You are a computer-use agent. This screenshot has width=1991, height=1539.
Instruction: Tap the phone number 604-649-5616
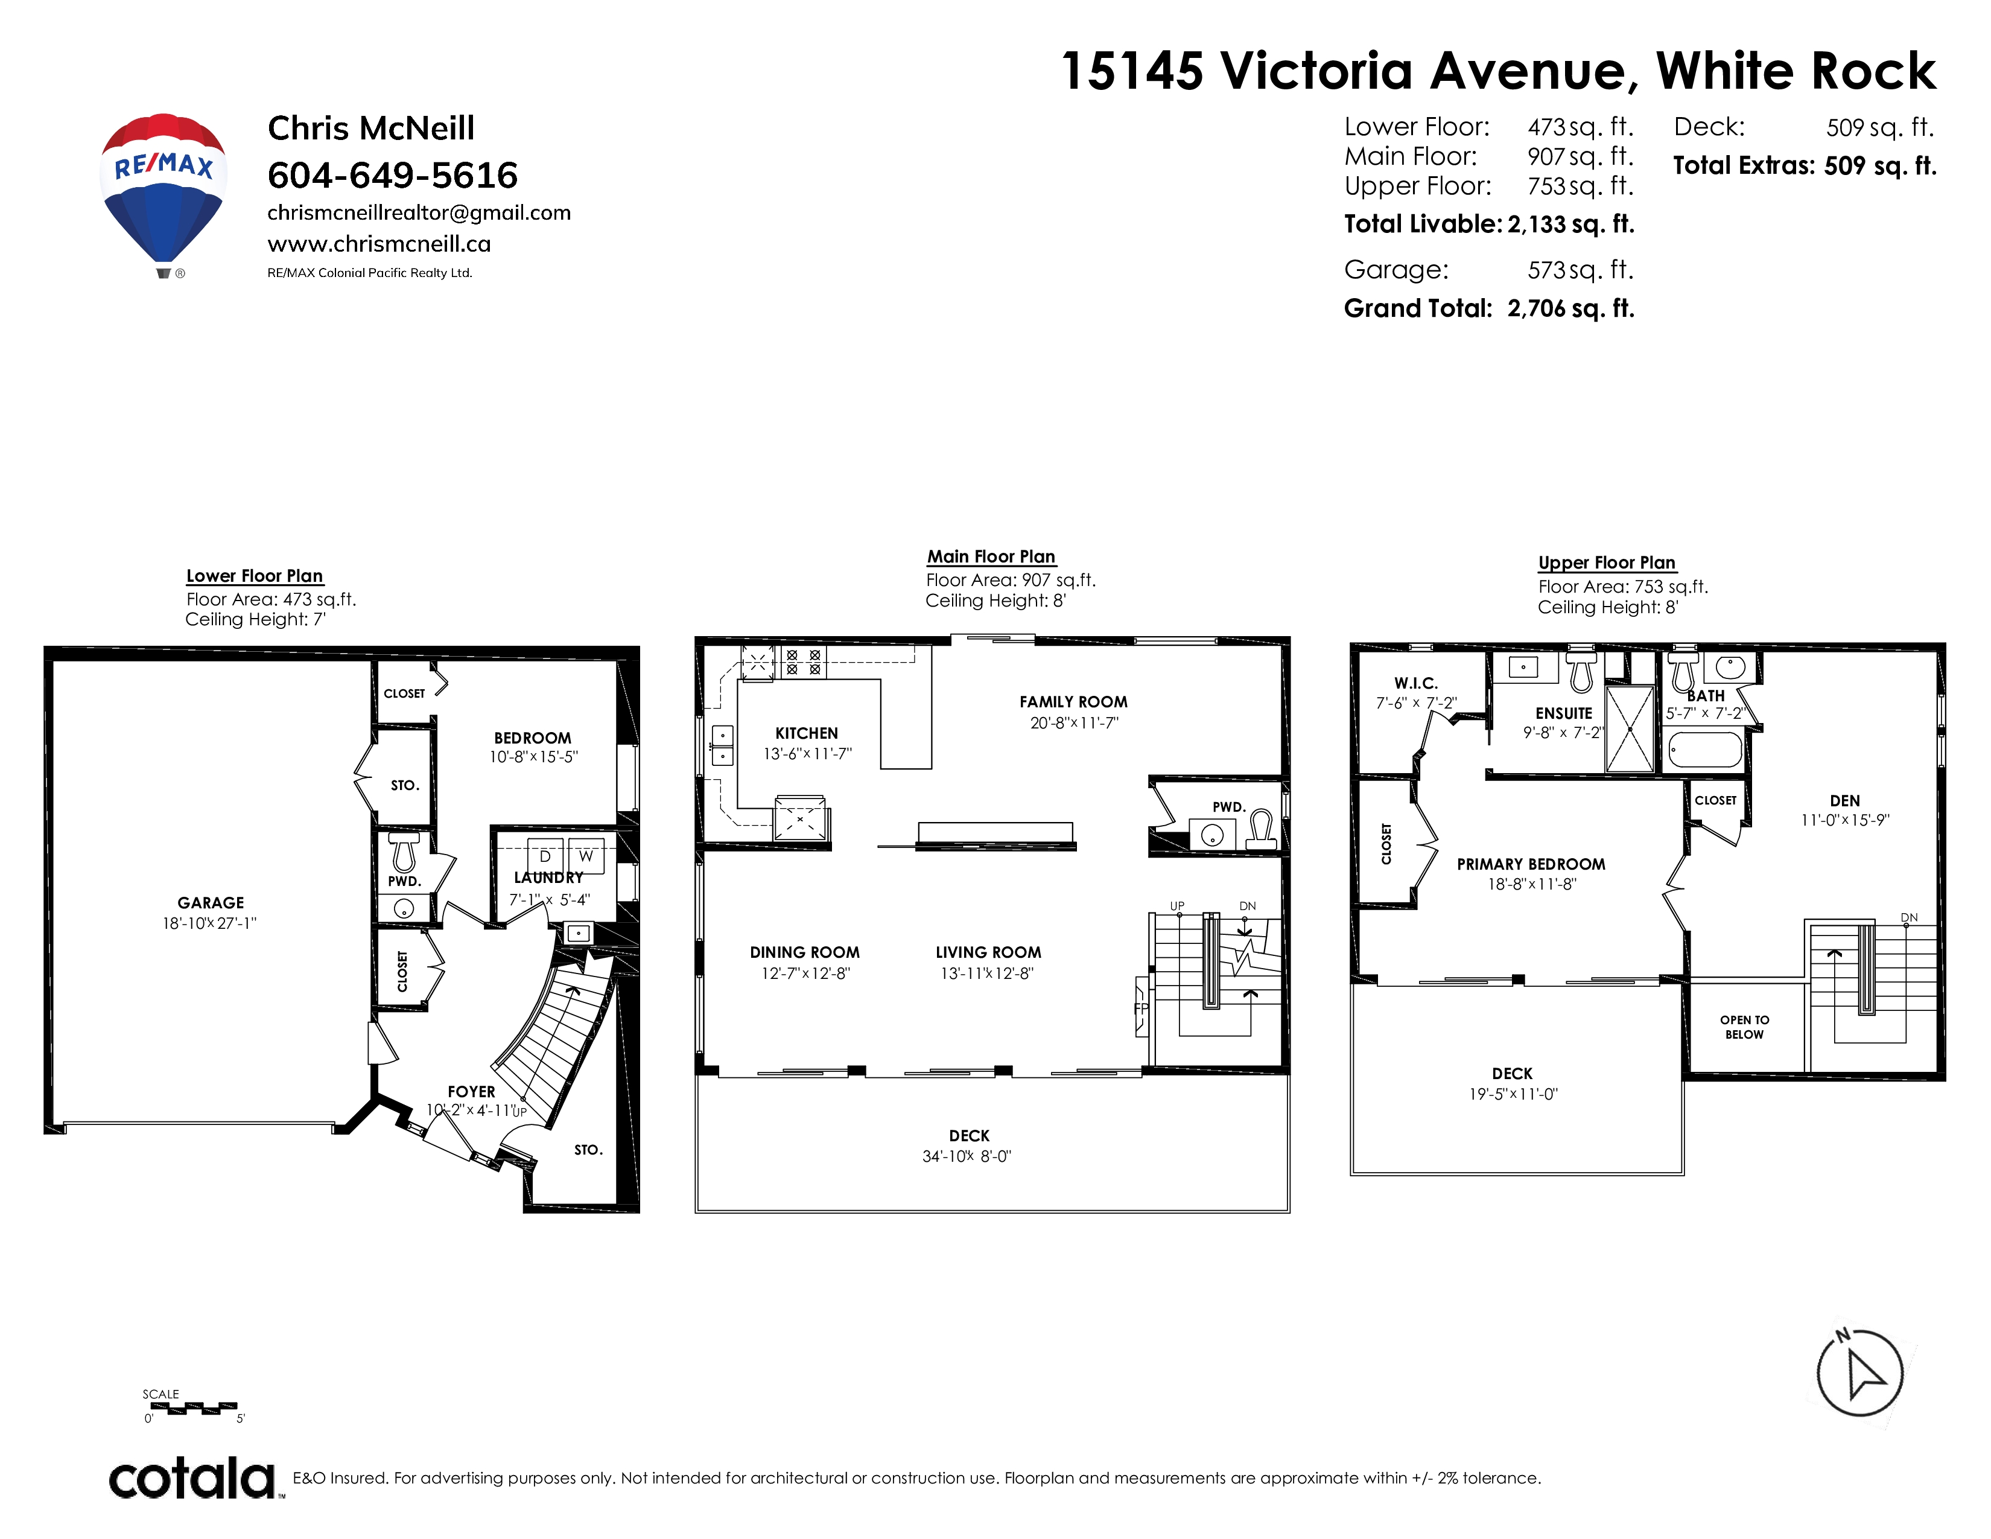[392, 175]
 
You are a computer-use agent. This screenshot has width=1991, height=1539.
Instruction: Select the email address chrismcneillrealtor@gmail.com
[419, 213]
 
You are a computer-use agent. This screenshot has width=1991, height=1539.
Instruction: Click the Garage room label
[211, 903]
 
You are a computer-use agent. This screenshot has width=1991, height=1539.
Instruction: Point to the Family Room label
[1073, 702]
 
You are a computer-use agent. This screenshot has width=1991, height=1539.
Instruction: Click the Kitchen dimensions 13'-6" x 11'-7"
[807, 754]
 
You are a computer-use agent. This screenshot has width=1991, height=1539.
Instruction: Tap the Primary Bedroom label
[1531, 864]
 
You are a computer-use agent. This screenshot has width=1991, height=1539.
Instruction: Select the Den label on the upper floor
[1844, 800]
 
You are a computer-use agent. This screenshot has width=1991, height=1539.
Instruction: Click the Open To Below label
[1744, 1027]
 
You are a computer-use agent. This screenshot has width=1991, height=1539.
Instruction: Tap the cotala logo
[192, 1478]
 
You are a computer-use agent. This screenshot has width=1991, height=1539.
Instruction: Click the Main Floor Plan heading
[991, 557]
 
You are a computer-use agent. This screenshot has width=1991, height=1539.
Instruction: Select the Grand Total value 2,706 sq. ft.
[1570, 308]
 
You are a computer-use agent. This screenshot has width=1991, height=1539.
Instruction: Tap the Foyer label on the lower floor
[471, 1091]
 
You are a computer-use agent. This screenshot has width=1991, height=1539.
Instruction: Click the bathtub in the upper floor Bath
[1706, 750]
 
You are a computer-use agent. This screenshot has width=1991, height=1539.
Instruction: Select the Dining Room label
[804, 952]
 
